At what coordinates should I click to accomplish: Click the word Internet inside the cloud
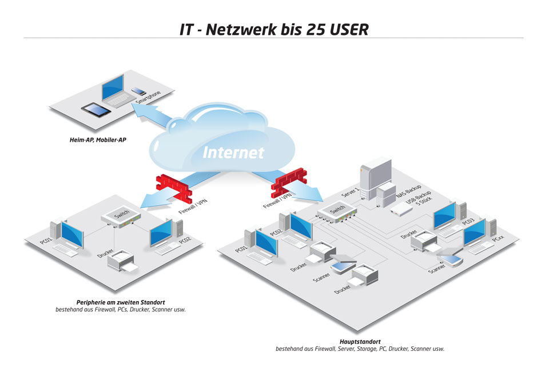coord(233,153)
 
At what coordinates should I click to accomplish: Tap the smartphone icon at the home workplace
coord(139,91)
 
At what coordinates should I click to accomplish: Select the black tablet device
coord(96,110)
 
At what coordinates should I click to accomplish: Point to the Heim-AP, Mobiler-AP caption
coord(98,140)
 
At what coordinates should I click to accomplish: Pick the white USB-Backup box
coord(401,210)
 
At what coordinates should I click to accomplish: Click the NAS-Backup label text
coord(408,191)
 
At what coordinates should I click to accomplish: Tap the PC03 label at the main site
coord(468,222)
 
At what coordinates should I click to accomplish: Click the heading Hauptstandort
coord(360,342)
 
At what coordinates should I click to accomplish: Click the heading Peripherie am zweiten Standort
coord(121,302)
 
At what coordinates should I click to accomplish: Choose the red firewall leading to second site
coord(174,187)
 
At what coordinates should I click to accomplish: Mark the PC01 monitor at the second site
coord(73,235)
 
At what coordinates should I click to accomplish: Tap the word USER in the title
coord(349,29)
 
